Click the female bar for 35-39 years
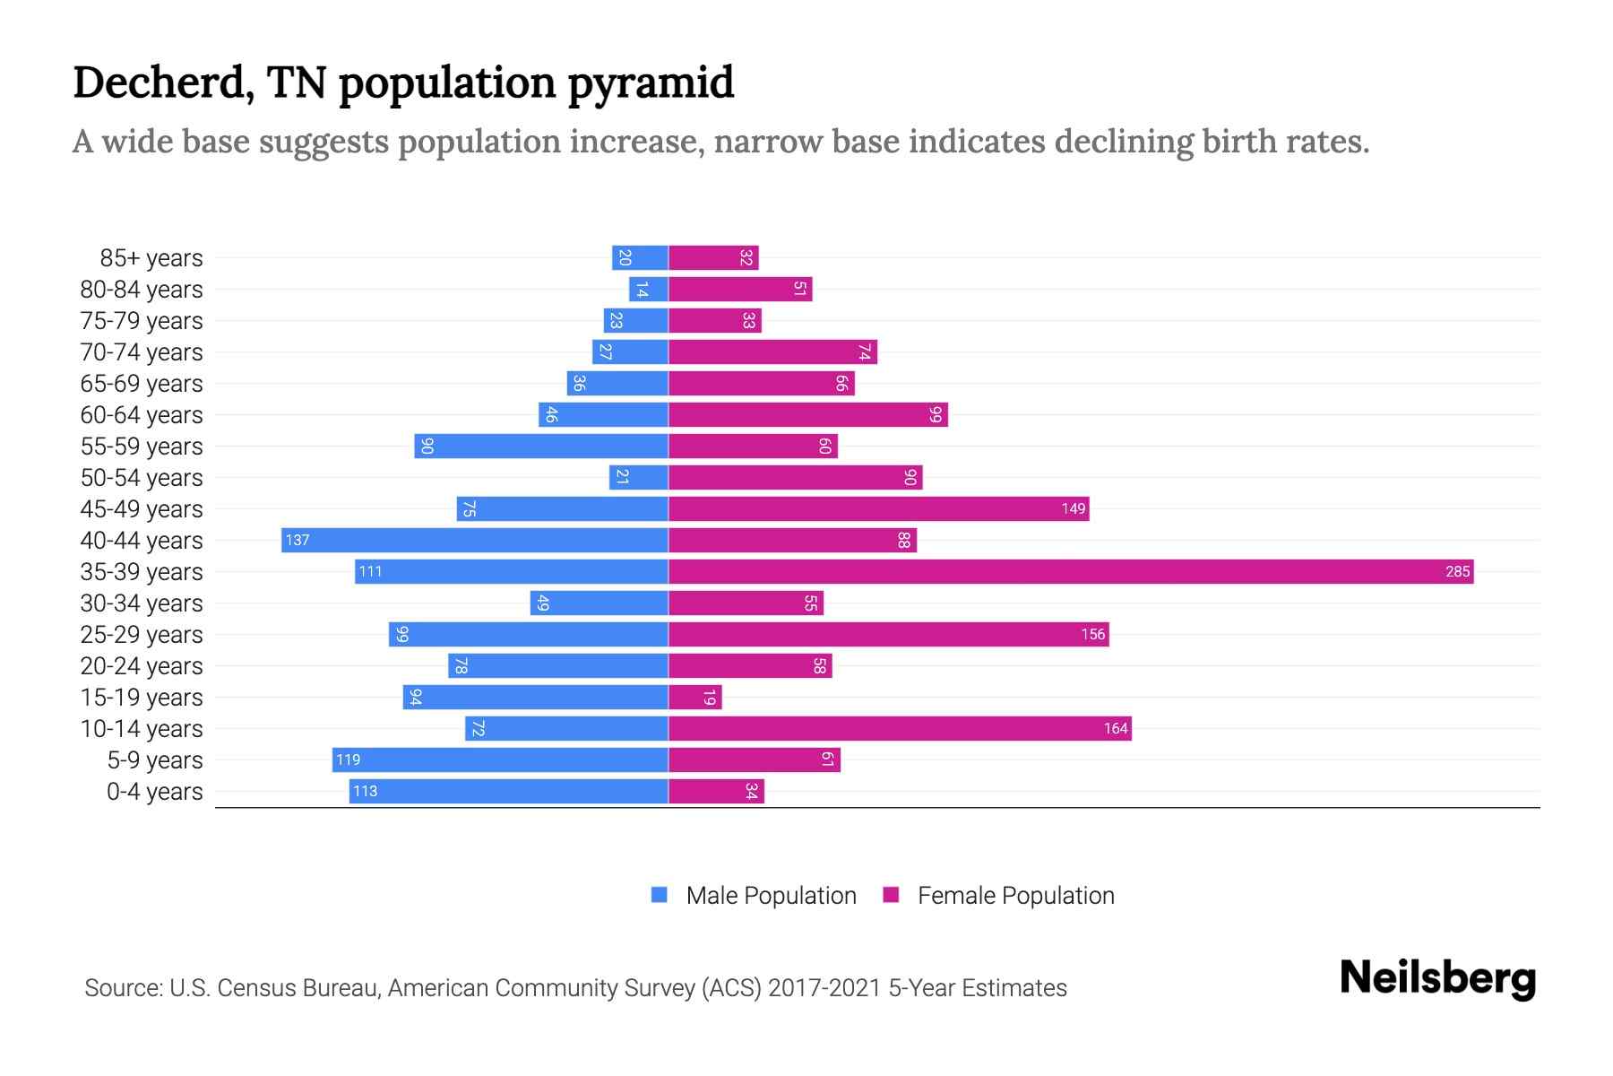[x=1071, y=571]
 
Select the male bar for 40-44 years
[x=475, y=540]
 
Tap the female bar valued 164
[x=900, y=728]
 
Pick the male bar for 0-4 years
[x=508, y=791]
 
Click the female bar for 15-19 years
[x=695, y=697]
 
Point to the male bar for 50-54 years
[x=639, y=477]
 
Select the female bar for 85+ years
[x=713, y=257]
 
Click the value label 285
[x=1457, y=571]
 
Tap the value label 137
[x=298, y=540]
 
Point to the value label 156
[x=1092, y=634]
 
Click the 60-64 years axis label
[x=142, y=415]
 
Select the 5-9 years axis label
[x=155, y=760]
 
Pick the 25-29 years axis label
[x=142, y=635]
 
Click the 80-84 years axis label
[x=142, y=290]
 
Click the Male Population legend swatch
[x=660, y=895]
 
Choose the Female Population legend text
[x=1015, y=895]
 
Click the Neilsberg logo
[x=1437, y=977]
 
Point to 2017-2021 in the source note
[x=824, y=988]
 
